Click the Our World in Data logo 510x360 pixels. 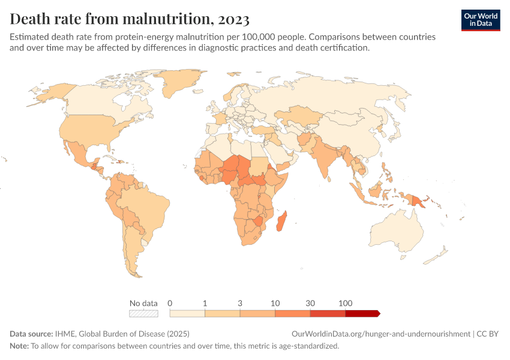(x=480, y=19)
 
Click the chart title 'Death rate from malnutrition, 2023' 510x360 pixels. (x=130, y=19)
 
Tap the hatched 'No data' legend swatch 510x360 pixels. (x=143, y=313)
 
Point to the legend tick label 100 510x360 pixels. (x=346, y=303)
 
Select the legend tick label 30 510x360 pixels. (x=310, y=303)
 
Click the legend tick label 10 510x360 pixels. (x=275, y=303)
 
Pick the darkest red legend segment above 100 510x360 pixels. (x=362, y=313)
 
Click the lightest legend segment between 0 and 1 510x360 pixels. (x=187, y=313)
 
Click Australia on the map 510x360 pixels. (x=399, y=231)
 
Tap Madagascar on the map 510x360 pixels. (x=281, y=221)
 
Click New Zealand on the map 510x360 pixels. (x=437, y=255)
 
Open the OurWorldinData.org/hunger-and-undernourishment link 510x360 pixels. (x=380, y=334)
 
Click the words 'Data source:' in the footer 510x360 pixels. (x=31, y=334)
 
